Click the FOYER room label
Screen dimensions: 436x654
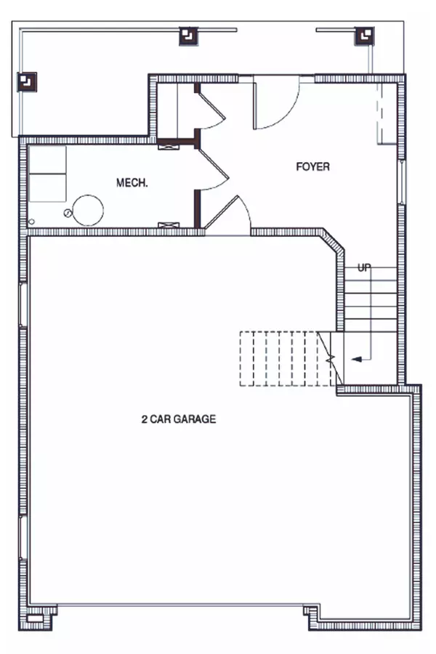coord(312,167)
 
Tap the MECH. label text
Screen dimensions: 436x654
coord(132,182)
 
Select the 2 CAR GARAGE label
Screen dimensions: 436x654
coord(179,419)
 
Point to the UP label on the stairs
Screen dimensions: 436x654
coord(364,267)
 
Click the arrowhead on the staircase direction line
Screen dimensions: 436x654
coord(356,359)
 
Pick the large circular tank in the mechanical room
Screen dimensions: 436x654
coord(88,210)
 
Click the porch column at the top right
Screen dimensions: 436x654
coord(365,36)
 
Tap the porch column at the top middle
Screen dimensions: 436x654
coord(189,36)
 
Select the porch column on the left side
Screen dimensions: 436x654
coord(27,81)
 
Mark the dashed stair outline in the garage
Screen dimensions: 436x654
coord(287,359)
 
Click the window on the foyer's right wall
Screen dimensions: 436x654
coord(401,182)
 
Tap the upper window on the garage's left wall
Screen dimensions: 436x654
coord(23,305)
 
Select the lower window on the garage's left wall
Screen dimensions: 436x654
coord(23,537)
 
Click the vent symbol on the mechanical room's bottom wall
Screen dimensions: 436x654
coord(169,225)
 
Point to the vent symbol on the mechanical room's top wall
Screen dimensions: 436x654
coord(169,146)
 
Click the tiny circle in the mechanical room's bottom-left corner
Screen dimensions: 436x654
coord(31,222)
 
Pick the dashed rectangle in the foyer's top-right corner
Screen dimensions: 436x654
coord(387,113)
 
